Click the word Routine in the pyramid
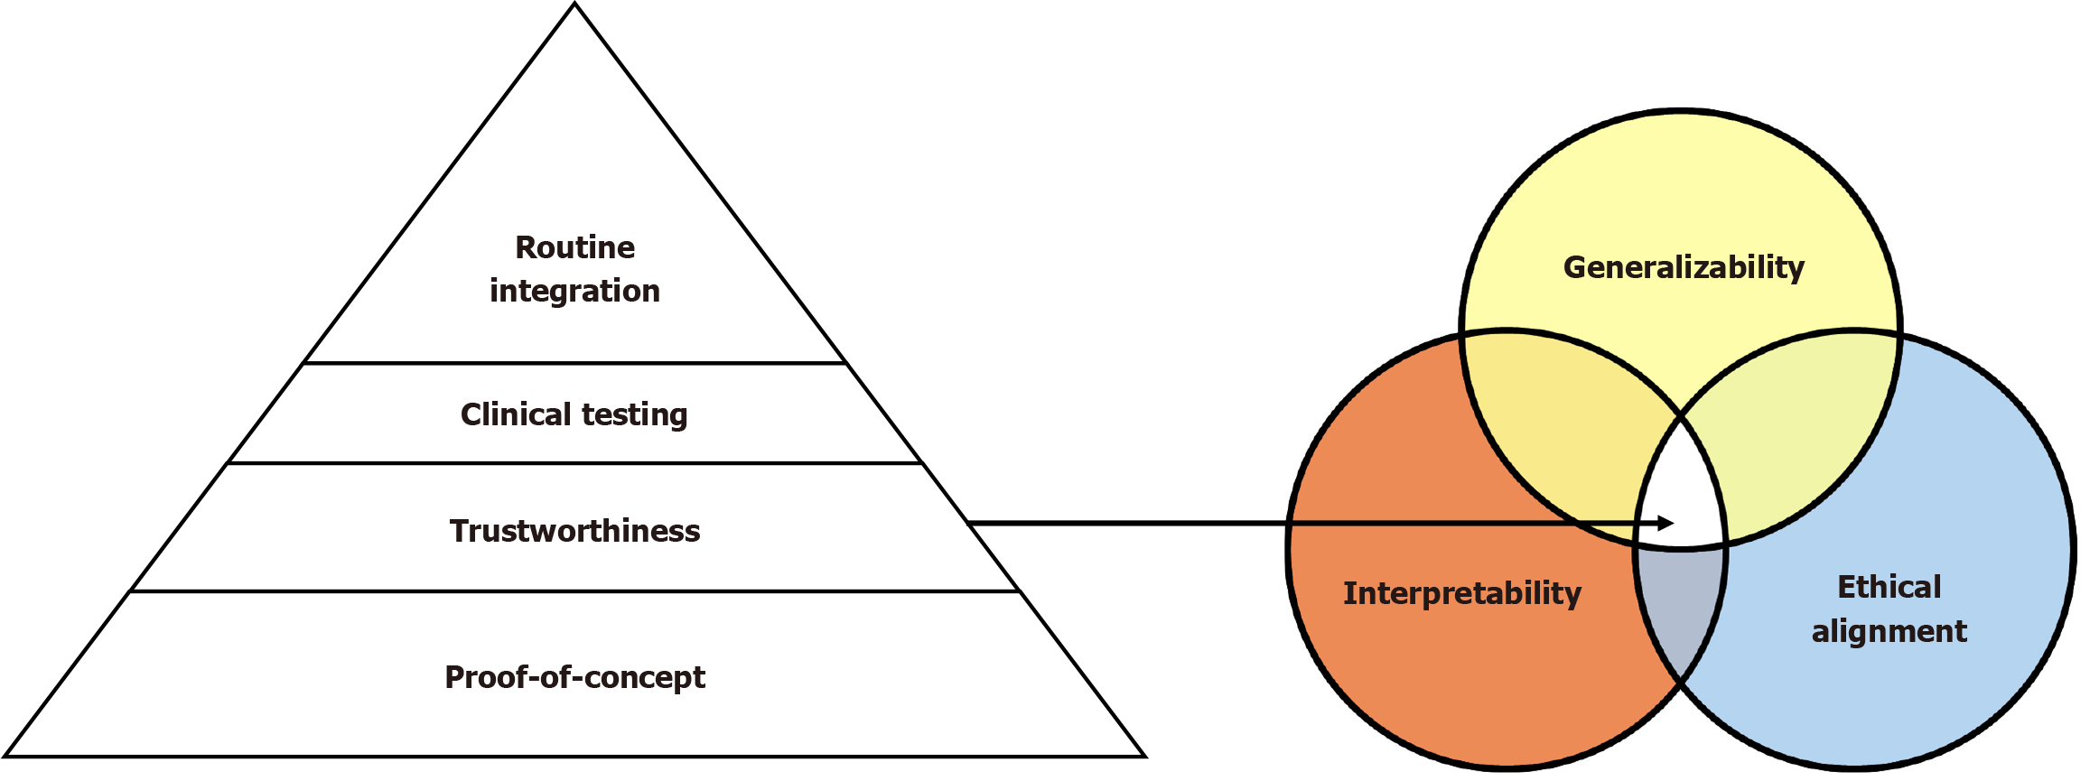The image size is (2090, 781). (x=574, y=247)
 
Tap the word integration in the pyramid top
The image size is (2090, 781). (x=574, y=291)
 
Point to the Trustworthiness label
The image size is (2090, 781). (x=574, y=531)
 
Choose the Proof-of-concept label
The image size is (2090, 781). (x=574, y=677)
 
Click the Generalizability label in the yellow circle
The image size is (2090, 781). (x=1684, y=267)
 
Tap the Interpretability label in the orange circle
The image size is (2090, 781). (x=1462, y=593)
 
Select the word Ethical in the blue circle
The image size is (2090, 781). (x=1889, y=588)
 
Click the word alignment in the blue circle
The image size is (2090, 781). (x=1889, y=631)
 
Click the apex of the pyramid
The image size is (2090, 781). (x=574, y=6)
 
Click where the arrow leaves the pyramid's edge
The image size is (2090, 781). (x=968, y=523)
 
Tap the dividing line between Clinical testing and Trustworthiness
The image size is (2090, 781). (x=574, y=463)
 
